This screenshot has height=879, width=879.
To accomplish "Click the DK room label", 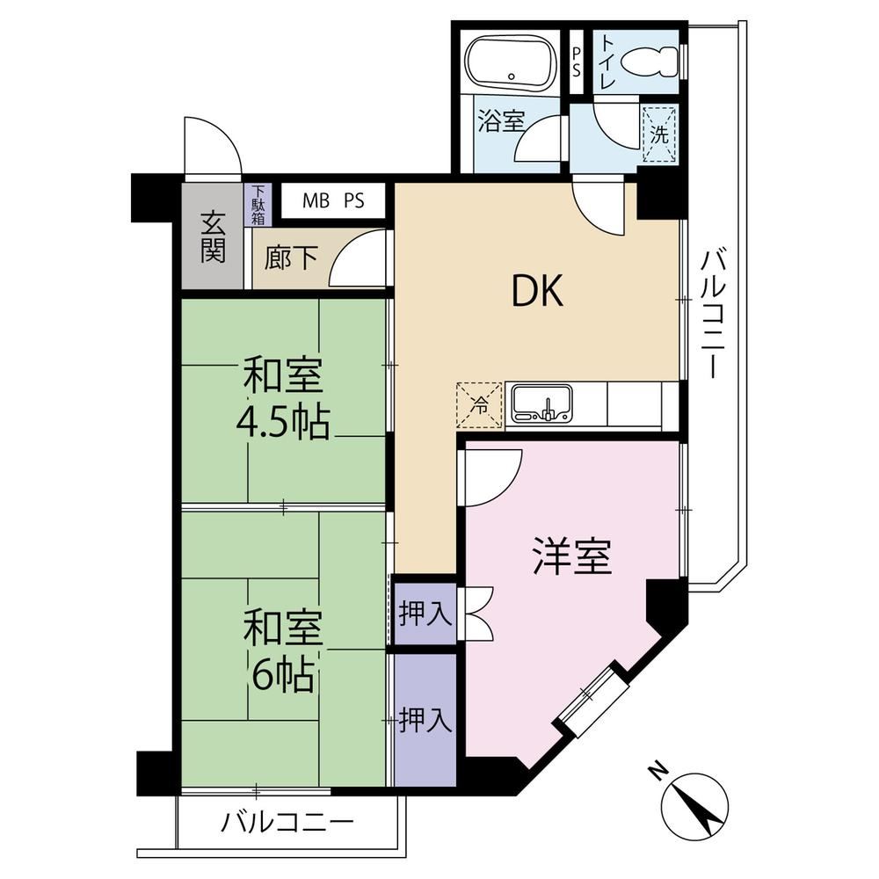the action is point(537,292).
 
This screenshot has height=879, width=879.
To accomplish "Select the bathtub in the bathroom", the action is point(511,63).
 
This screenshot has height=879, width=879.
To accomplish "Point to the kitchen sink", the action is point(542,403).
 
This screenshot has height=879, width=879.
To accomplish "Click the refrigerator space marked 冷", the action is point(479,404).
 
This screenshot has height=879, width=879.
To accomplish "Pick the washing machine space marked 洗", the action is point(659,134).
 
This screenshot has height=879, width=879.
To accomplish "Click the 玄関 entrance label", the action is point(213,236).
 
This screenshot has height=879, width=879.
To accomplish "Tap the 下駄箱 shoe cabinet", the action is point(258,205).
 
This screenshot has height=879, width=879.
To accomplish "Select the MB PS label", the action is point(333,200).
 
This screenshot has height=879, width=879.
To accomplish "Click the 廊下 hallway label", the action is point(291,259).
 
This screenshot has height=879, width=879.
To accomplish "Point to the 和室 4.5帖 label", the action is point(283,400).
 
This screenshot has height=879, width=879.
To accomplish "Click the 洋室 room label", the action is point(572,556).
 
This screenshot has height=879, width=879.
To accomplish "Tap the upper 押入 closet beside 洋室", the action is point(425,614).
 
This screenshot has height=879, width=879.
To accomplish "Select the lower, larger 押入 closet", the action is point(425,720).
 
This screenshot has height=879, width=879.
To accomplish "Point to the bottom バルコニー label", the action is point(287,823).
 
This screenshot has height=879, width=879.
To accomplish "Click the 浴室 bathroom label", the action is point(501,120).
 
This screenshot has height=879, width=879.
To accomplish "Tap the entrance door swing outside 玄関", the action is point(212,147).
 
